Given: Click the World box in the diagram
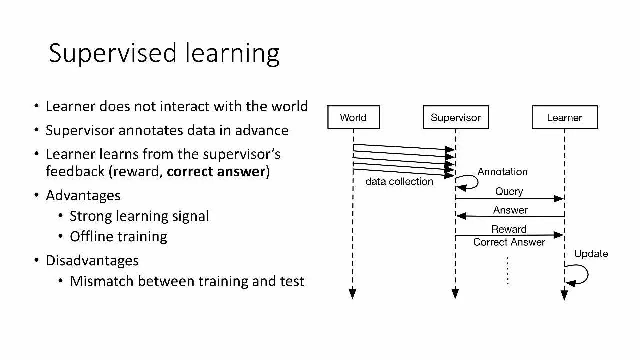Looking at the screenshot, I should pos(353,117).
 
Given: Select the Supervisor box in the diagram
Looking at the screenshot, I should pos(455,117).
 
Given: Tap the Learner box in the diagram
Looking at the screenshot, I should pos(564,117).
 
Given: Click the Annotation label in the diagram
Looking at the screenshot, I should pos(502,172).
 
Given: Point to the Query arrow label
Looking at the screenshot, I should pos(509,191).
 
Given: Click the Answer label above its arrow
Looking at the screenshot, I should pos(510,210).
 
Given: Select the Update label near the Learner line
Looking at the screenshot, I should pos(591,254).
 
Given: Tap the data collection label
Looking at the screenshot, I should pos(399,182).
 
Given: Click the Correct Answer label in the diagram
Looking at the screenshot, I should pos(509,242).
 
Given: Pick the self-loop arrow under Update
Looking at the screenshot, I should pos(580,275).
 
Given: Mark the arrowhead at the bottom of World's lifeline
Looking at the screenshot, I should pos(353,294).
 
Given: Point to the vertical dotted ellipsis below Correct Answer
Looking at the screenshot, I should pos(508,271).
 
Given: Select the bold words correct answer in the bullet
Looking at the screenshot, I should pos(216,172).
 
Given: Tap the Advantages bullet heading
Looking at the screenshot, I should pos(83,195).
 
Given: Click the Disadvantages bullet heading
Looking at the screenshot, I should pos(92,261).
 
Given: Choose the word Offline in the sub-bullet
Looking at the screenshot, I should pos(90,236).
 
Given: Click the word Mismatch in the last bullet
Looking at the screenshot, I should pos(102,281).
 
